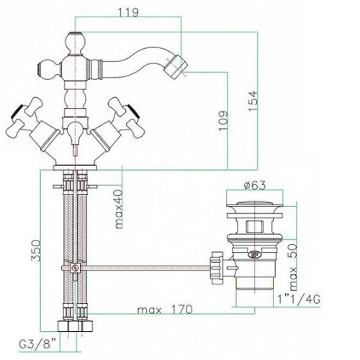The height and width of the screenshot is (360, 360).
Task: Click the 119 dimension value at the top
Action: tap(128, 12)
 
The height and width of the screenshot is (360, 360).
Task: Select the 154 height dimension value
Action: tap(253, 101)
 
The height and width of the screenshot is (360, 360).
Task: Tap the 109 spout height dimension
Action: tap(222, 121)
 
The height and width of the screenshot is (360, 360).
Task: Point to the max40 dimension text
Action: tap(119, 209)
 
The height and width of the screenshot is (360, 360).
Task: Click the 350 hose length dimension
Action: tap(37, 251)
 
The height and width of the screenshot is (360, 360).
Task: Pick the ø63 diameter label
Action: tap(255, 186)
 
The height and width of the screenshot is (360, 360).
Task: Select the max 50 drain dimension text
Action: tap(293, 267)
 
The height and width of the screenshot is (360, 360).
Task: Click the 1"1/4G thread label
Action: tap(299, 300)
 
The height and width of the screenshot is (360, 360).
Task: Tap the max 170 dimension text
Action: tap(165, 310)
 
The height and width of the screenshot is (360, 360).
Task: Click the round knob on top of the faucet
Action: tap(76, 43)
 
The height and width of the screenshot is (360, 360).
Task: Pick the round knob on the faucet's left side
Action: tap(48, 69)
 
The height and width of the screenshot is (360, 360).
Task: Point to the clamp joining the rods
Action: tap(76, 268)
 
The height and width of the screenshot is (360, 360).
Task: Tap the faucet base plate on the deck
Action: tap(76, 167)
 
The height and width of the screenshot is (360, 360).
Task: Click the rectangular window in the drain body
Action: tap(254, 226)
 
